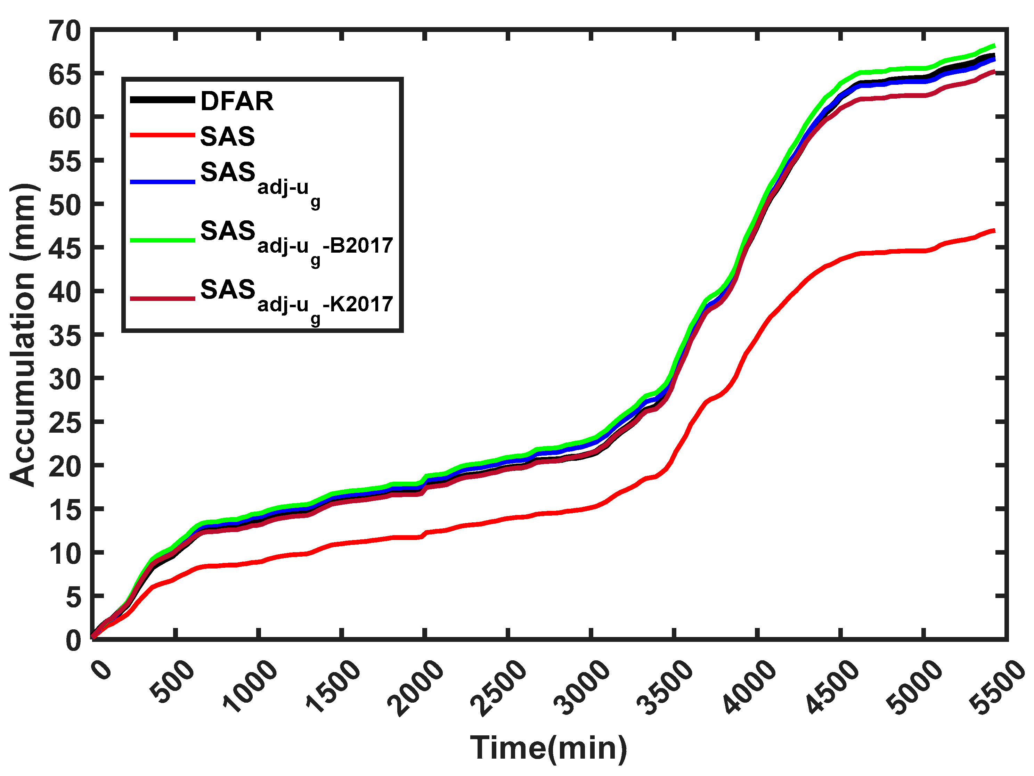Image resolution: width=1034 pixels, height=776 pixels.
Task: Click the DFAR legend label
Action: [x=237, y=101]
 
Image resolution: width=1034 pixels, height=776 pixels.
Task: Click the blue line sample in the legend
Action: [x=162, y=181]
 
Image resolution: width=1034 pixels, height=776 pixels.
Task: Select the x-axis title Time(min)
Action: [x=548, y=748]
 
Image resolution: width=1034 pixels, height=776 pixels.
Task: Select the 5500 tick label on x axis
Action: [x=998, y=687]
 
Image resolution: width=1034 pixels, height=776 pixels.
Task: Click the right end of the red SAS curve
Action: [x=993, y=230]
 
